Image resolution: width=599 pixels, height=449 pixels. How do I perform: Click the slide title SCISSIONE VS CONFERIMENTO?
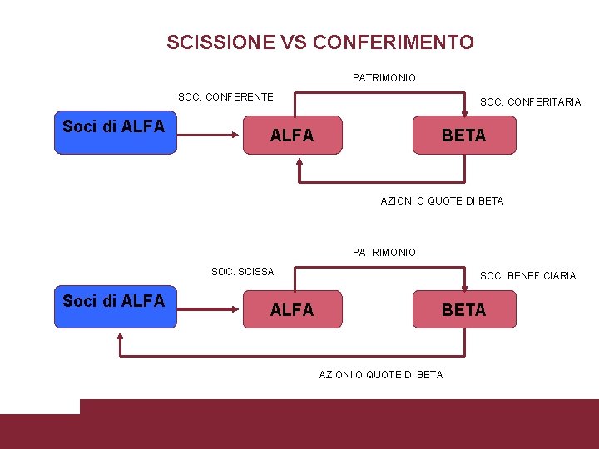320,42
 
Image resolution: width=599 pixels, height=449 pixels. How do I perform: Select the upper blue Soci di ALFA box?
116,135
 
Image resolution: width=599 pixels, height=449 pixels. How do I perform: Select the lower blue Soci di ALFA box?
116,309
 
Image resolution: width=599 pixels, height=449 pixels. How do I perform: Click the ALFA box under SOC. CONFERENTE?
292,135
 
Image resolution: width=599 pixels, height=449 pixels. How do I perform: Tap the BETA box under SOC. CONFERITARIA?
464,135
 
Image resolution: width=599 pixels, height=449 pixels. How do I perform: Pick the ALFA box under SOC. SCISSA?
292,309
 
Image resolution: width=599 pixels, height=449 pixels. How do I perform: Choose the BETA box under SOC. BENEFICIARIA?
464,309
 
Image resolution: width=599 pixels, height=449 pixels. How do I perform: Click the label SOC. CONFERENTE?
225,97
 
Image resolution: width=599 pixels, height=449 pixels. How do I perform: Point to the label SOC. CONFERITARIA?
530,102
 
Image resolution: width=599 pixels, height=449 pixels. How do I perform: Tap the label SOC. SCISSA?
242,272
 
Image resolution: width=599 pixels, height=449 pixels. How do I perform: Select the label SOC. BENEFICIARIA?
527,276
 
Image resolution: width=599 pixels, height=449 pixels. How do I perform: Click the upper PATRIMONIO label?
384,77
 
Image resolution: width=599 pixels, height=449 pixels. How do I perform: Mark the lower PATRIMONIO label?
384,252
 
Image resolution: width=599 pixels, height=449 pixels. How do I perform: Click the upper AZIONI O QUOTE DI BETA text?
442,200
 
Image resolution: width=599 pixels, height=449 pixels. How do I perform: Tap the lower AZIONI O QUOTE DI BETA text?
381,375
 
